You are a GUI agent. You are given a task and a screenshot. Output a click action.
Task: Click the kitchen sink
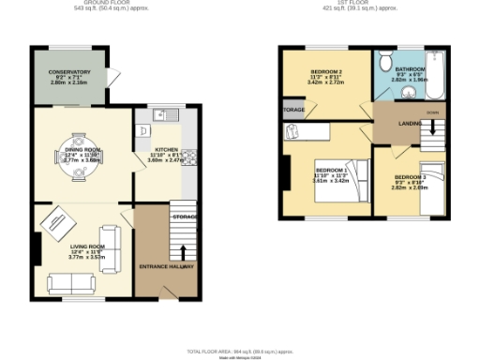coord(161,115)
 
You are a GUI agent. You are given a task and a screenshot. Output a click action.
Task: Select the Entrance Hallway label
coord(166,267)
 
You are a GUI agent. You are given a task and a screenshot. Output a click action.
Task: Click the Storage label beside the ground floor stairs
coord(184,217)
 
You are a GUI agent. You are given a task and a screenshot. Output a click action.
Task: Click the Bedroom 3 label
coord(410,177)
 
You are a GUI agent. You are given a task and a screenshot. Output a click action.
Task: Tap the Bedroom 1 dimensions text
coord(330,177)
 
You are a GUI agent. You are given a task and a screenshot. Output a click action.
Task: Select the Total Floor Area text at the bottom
coord(240,351)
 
